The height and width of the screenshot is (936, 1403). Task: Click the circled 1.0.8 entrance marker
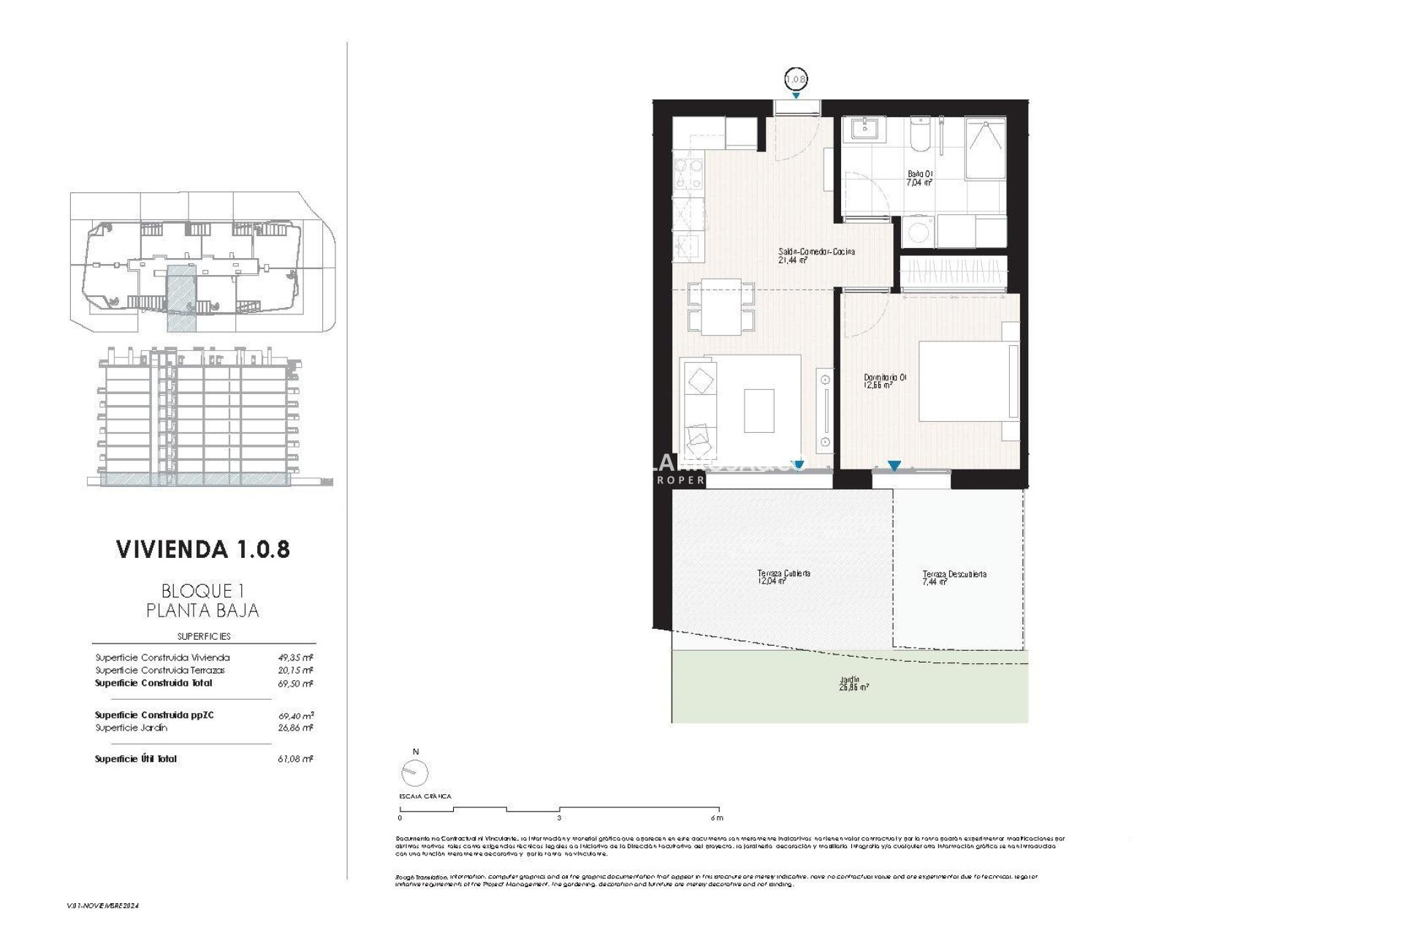tap(796, 78)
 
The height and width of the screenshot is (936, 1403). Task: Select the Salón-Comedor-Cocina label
tap(815, 254)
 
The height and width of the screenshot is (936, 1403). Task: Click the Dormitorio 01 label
tap(884, 381)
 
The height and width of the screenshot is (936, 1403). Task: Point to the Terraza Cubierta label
tap(783, 577)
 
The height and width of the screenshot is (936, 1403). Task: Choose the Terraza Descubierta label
tap(954, 578)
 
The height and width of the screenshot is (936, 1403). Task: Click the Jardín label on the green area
tap(853, 683)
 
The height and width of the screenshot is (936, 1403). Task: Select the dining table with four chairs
tap(721, 307)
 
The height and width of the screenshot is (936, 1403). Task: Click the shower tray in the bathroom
tap(986, 148)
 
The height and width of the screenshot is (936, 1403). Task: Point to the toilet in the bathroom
tap(919, 135)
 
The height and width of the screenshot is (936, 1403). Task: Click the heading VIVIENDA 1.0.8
tap(202, 550)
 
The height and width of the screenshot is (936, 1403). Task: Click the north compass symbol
tap(414, 771)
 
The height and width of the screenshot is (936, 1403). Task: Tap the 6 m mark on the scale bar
tap(716, 818)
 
